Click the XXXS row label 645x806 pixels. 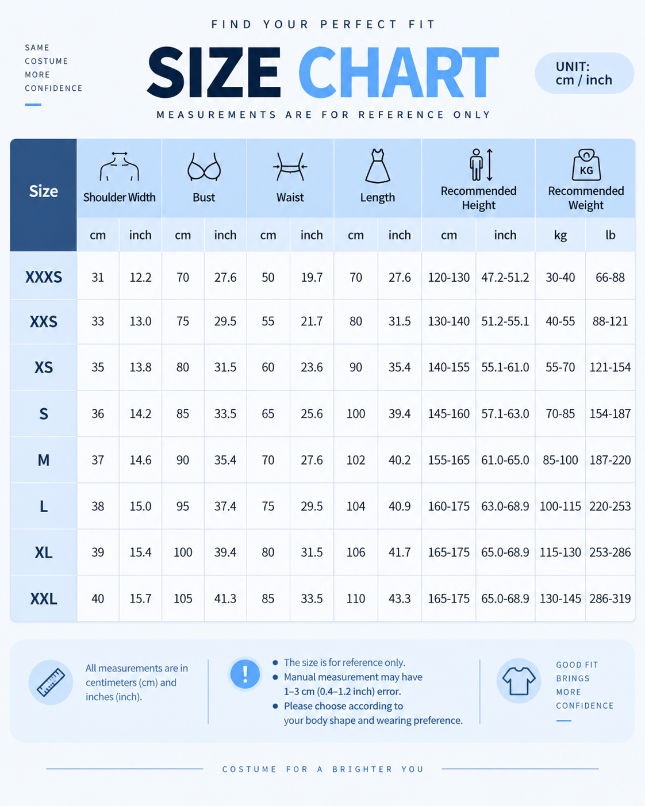click(x=44, y=277)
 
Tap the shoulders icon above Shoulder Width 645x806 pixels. click(x=119, y=166)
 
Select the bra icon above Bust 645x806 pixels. click(x=204, y=167)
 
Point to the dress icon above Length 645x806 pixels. click(x=378, y=166)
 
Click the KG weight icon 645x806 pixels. click(x=586, y=165)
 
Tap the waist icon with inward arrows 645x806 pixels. click(x=290, y=167)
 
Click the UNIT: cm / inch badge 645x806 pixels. click(x=584, y=73)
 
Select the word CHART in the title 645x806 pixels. click(x=398, y=72)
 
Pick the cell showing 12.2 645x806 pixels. click(x=140, y=277)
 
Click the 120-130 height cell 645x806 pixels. click(x=449, y=277)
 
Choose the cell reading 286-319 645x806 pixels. click(x=610, y=598)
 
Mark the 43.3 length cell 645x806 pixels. click(x=400, y=598)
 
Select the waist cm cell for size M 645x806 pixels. click(x=268, y=460)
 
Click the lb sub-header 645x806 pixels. click(x=610, y=235)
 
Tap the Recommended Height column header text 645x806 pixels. click(x=478, y=198)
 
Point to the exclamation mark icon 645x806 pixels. click(x=245, y=674)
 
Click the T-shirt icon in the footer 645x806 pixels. click(x=519, y=681)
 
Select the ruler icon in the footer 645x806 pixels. click(x=51, y=682)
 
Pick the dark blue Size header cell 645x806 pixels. click(x=44, y=195)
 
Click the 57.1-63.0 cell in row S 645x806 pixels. click(x=505, y=413)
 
